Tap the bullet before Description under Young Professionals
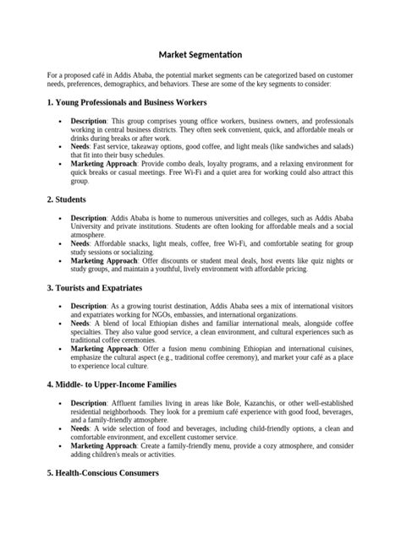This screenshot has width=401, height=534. pyautogui.click(x=60, y=122)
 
